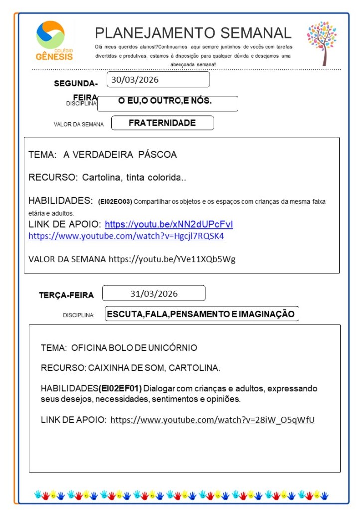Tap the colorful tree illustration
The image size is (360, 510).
click(x=322, y=42)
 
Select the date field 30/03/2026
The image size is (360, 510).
click(x=160, y=80)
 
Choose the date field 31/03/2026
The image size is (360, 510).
click(x=154, y=293)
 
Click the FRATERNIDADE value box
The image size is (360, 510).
click(x=163, y=123)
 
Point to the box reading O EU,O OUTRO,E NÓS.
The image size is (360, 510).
click(x=168, y=103)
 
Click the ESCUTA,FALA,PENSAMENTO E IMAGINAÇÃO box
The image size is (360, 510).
click(x=202, y=314)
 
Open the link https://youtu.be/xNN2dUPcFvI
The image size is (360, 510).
click(x=169, y=224)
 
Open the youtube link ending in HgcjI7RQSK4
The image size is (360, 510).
click(x=126, y=236)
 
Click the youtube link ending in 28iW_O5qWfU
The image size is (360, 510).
click(x=212, y=420)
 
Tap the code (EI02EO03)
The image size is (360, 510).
click(x=115, y=201)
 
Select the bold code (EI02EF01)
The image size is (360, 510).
click(x=120, y=388)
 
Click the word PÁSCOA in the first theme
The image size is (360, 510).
click(x=158, y=155)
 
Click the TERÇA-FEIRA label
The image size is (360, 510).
click(x=66, y=295)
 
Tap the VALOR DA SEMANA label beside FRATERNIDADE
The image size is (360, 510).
click(x=79, y=124)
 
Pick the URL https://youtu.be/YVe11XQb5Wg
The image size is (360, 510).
click(x=172, y=259)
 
